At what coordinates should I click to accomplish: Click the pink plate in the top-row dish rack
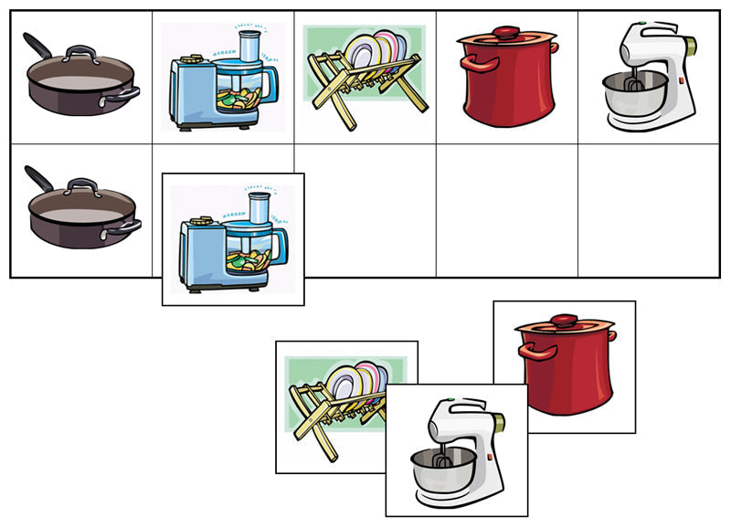387,49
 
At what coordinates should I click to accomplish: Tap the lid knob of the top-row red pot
505,32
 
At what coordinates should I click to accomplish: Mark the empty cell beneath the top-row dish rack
365,210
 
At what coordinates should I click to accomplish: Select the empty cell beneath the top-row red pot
506,210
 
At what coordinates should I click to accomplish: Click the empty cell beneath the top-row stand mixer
649,210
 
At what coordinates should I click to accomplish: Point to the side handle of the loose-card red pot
525,351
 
